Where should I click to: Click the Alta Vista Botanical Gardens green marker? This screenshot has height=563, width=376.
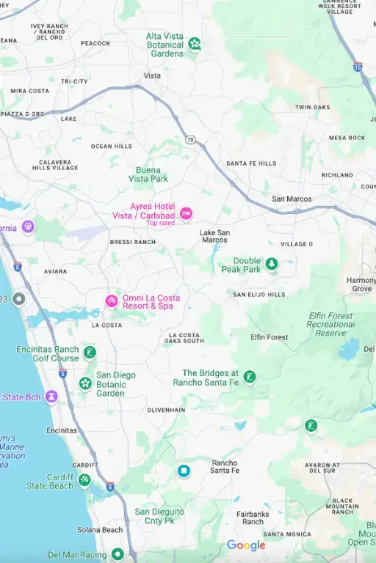[195, 44]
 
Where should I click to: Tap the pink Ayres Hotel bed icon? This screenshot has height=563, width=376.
[186, 213]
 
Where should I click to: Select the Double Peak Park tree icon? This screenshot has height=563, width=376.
[272, 264]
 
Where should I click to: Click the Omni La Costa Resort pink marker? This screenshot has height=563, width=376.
[111, 301]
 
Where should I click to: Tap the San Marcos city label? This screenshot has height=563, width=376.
[292, 199]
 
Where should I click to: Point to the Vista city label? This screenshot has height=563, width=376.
[152, 76]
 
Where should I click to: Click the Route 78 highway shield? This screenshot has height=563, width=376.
[190, 139]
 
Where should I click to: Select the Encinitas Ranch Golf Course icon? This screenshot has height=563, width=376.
[90, 353]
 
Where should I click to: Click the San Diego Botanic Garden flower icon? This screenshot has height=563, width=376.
[85, 383]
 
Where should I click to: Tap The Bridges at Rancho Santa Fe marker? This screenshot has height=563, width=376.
[250, 377]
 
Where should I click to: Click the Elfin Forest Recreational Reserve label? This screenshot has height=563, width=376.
[330, 325]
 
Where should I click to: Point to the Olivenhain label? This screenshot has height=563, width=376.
[166, 410]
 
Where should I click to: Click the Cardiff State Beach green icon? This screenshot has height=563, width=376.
[84, 480]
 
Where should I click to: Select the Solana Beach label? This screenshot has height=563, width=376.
[100, 530]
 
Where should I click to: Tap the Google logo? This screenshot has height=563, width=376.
[246, 545]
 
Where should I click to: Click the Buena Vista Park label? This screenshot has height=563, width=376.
[148, 174]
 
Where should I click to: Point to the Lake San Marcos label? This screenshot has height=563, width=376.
[214, 236]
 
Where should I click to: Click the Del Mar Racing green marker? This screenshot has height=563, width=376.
[117, 554]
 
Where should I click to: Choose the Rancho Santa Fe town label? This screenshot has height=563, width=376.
[225, 466]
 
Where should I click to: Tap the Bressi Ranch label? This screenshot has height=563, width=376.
[133, 242]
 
